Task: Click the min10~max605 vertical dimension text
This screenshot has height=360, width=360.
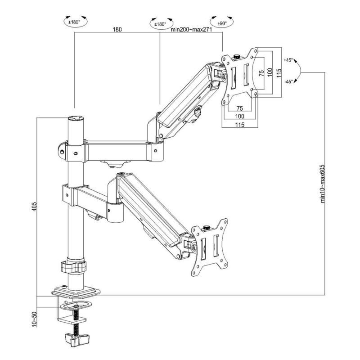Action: tap(323, 183)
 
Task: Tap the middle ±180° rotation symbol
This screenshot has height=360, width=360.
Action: tap(160, 23)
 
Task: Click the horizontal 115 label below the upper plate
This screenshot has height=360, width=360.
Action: tap(238, 126)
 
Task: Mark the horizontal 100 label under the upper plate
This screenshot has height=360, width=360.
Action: tap(238, 117)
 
